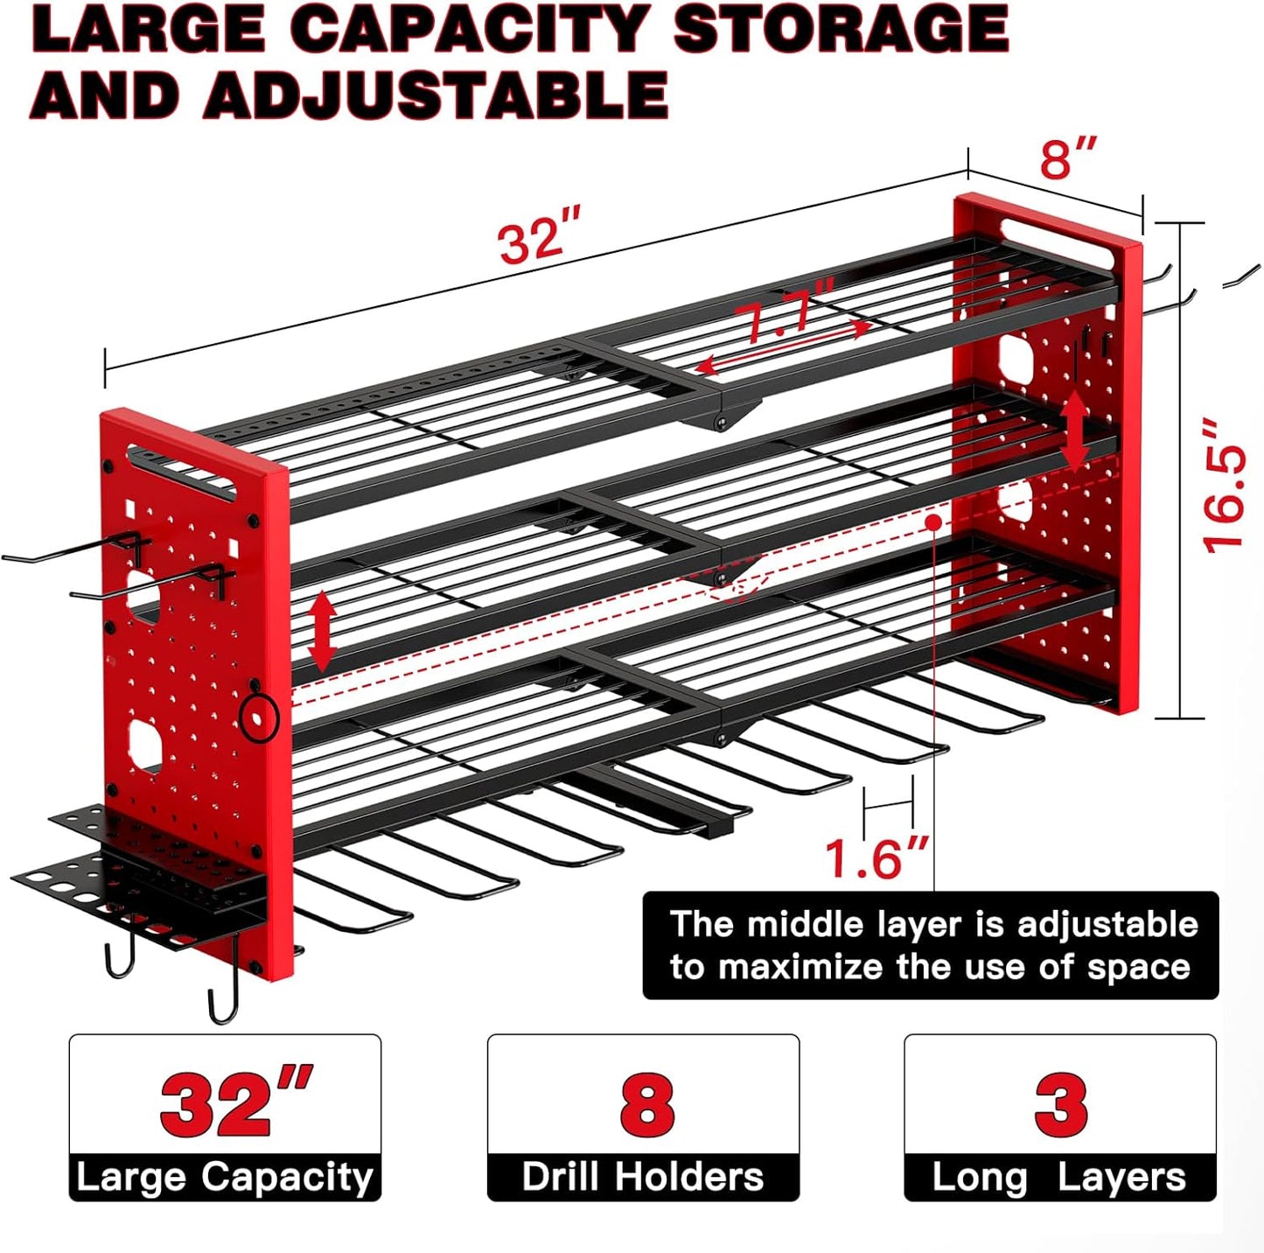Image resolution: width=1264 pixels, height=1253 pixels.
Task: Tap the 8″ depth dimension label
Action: tap(1067, 158)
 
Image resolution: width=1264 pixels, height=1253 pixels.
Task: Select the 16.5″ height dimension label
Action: tap(1225, 486)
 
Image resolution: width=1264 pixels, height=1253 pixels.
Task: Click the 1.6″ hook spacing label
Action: tap(876, 858)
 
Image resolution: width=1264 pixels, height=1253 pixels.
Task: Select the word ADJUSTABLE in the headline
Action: tap(436, 94)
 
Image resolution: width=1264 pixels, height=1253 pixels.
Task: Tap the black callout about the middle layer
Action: tap(930, 945)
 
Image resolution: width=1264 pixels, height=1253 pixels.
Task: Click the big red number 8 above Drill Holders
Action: tap(646, 1103)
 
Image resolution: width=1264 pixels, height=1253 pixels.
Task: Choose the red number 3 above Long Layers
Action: tap(1060, 1103)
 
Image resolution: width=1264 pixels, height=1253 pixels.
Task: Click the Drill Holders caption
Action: tap(643, 1177)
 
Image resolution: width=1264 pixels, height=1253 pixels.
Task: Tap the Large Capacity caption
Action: tap(225, 1177)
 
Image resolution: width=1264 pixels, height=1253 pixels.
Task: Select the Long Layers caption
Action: tap(1059, 1177)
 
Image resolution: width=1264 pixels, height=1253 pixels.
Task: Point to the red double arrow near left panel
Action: tap(323, 630)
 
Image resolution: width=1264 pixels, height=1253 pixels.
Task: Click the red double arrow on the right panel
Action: tap(1075, 430)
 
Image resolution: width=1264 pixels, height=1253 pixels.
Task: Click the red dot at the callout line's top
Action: tap(934, 522)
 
